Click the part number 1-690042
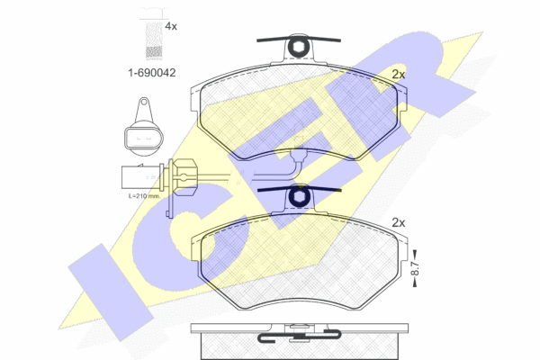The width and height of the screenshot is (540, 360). point(152,73)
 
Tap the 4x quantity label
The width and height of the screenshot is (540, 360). point(171,26)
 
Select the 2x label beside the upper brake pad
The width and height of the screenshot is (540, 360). point(399,74)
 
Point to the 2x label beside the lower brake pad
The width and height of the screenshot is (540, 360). point(399,223)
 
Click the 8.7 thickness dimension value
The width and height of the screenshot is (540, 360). point(415,268)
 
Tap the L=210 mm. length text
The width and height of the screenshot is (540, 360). point(144,196)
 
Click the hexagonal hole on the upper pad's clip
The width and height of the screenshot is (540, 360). point(297,47)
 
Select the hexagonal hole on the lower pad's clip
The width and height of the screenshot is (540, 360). point(298,197)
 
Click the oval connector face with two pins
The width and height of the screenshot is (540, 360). point(144,139)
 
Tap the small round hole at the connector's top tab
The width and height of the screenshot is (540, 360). point(144,102)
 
